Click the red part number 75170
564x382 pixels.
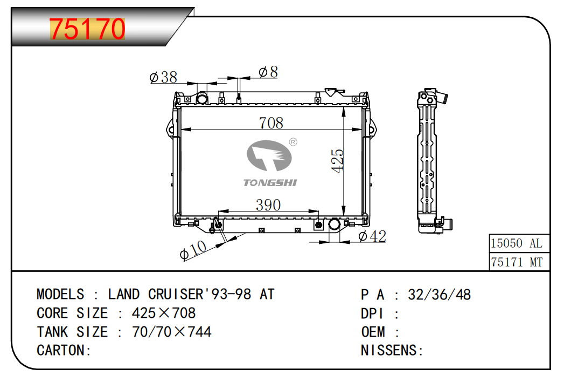[x=87, y=29]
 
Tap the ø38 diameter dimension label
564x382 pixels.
[x=163, y=77]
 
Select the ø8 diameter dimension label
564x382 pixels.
[x=268, y=72]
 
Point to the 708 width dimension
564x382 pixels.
[x=271, y=123]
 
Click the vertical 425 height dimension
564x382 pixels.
[x=337, y=161]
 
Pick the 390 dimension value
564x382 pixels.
[x=268, y=205]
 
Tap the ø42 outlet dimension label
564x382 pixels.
[x=372, y=236]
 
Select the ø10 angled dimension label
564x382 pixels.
[x=193, y=249]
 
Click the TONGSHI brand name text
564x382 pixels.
[x=270, y=183]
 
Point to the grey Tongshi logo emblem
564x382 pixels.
[x=269, y=155]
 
